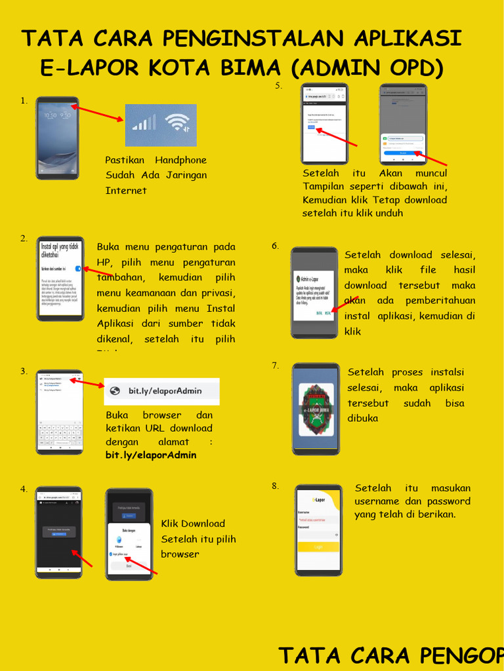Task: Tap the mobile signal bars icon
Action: pos(144,123)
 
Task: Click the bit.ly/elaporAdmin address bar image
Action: pos(161,391)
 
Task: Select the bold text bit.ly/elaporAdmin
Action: pos(151,455)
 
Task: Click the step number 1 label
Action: pos(24,101)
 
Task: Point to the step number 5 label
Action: pos(278,86)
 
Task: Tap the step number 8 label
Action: pos(275,486)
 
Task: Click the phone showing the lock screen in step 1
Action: pos(57,138)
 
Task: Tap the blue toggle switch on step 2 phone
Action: pos(78,269)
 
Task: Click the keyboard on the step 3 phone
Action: pos(59,435)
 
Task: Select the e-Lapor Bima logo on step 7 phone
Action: pos(316,410)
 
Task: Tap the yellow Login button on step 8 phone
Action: pos(318,546)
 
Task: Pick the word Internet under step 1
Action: pos(126,191)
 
